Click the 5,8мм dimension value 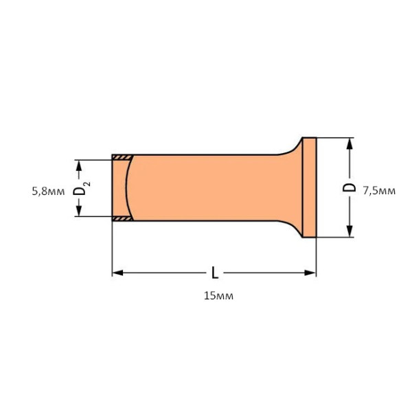pos(48,192)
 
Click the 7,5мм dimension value pos(379,191)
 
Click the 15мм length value pos(218,296)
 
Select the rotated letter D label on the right pos(350,187)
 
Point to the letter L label pos(215,273)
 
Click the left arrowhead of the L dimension pos(117,273)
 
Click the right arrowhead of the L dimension pos(310,273)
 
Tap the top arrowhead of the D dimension pos(350,144)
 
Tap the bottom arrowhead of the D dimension pos(350,231)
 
